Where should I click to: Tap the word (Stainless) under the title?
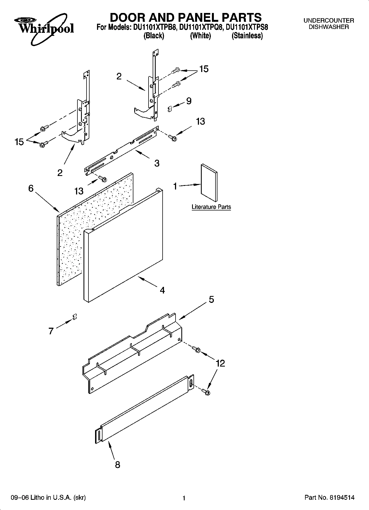[247, 36]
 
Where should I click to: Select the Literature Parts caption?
[211, 207]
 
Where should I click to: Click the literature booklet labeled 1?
[209, 183]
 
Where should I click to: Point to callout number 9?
[189, 101]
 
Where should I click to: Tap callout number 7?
[51, 331]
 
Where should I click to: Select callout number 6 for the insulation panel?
[31, 188]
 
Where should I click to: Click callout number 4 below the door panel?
[162, 290]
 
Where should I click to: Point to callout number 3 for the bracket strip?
[157, 163]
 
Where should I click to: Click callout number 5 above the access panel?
[211, 299]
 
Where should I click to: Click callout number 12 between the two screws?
[220, 363]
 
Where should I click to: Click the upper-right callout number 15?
[204, 69]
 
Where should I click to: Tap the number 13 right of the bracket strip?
[200, 121]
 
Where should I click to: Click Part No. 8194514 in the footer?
[329, 498]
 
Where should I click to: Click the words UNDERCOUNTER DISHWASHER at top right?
[328, 24]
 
